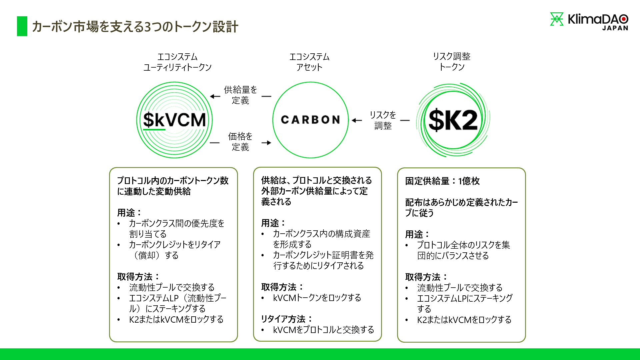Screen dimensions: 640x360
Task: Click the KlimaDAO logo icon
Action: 556,19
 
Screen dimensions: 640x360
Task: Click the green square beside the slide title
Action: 22,26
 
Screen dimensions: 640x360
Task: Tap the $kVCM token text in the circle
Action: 174,120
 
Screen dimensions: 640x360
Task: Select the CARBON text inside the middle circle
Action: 310,120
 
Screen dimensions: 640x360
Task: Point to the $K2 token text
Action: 453,120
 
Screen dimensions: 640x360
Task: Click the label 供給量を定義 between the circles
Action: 240,95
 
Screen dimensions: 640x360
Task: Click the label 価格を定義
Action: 240,142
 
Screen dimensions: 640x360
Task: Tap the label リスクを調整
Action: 383,120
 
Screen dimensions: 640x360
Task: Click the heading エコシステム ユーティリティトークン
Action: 177,62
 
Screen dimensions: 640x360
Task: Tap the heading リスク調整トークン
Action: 452,62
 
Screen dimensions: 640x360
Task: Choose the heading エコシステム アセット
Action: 309,62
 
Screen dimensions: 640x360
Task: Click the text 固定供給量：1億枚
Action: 442,181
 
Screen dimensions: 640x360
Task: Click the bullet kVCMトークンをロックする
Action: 317,298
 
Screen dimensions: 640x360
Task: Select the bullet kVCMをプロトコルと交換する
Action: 323,330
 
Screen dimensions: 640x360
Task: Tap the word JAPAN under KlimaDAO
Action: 615,28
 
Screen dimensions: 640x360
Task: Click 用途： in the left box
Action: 129,212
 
